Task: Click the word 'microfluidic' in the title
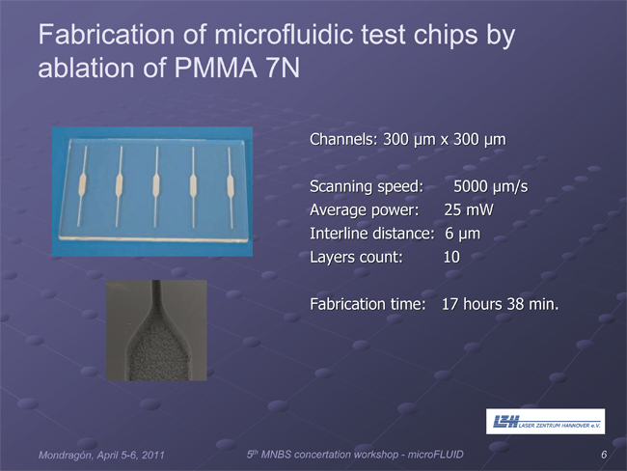pyautogui.click(x=285, y=35)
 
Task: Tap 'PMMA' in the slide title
pyautogui.click(x=215, y=68)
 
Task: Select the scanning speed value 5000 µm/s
pyautogui.click(x=491, y=187)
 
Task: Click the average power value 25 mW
pyautogui.click(x=469, y=210)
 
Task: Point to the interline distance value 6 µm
pyautogui.click(x=463, y=234)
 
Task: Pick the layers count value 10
pyautogui.click(x=451, y=257)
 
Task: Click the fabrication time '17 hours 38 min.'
pyautogui.click(x=500, y=304)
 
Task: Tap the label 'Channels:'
pyautogui.click(x=343, y=139)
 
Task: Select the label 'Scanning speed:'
pyautogui.click(x=367, y=187)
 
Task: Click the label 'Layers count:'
pyautogui.click(x=356, y=258)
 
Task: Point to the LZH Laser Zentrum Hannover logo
pyautogui.click(x=545, y=422)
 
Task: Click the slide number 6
pyautogui.click(x=604, y=455)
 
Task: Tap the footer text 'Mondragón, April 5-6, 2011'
pyautogui.click(x=101, y=455)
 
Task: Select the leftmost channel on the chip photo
pyautogui.click(x=82, y=186)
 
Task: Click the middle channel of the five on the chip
pyautogui.click(x=156, y=187)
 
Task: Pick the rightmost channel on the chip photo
pyautogui.click(x=231, y=187)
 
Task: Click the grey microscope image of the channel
pyautogui.click(x=156, y=330)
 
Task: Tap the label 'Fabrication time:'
pyautogui.click(x=368, y=304)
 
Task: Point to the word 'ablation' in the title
pyautogui.click(x=87, y=68)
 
